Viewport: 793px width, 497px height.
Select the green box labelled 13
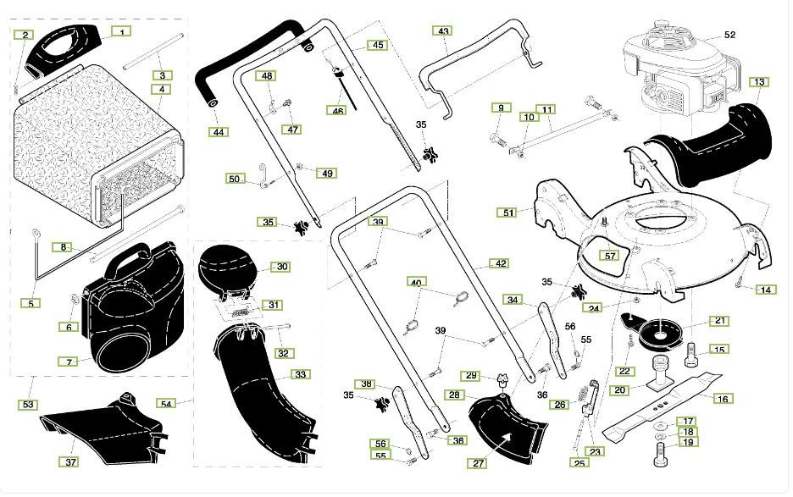tap(759, 82)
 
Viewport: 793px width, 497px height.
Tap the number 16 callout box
tap(722, 398)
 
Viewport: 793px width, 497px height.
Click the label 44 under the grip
tap(219, 132)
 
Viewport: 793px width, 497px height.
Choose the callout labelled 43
tap(443, 30)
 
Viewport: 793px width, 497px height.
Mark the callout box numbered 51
tap(508, 213)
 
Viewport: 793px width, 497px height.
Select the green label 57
tap(609, 255)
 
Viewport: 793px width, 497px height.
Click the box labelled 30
tap(282, 267)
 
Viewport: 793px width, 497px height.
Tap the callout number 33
tap(300, 373)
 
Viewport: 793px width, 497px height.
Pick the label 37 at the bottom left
tap(71, 461)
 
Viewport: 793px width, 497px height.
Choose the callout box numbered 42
tap(501, 263)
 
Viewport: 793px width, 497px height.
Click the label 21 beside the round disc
tap(718, 321)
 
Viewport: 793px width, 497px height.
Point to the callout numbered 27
tap(479, 463)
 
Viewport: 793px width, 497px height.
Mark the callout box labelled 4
tap(161, 89)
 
